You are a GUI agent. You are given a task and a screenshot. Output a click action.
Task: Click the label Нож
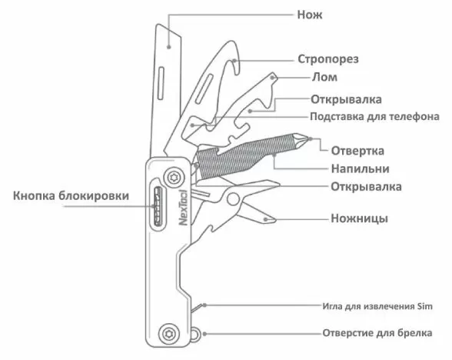pyautogui.click(x=310, y=15)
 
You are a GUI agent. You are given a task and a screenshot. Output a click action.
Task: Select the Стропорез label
pyautogui.click(x=328, y=59)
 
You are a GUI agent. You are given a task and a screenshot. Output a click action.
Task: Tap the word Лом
pyautogui.click(x=324, y=77)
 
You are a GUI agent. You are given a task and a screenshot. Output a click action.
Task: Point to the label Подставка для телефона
pyautogui.click(x=375, y=117)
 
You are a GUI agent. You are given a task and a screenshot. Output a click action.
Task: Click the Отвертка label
pyautogui.click(x=357, y=151)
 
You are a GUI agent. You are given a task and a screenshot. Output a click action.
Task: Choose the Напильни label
pyautogui.click(x=360, y=168)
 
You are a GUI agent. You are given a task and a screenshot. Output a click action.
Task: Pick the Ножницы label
pyautogui.click(x=359, y=218)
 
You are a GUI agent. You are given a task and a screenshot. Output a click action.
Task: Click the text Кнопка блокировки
pyautogui.click(x=71, y=196)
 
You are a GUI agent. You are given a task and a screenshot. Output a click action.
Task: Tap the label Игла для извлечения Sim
pyautogui.click(x=377, y=306)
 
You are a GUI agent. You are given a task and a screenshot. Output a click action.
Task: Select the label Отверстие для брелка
pyautogui.click(x=377, y=333)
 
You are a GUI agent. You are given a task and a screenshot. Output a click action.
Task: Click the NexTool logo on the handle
pyautogui.click(x=183, y=208)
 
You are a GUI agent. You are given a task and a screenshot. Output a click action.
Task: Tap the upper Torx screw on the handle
pyautogui.click(x=174, y=177)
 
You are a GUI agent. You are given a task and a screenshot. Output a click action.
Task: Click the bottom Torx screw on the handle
pyautogui.click(x=169, y=334)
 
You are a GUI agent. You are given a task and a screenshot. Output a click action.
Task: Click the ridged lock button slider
pyautogui.click(x=158, y=206)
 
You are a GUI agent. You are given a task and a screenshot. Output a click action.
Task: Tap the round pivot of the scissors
pyautogui.click(x=233, y=198)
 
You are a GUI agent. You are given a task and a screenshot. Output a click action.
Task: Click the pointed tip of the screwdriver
pyautogui.click(x=308, y=138)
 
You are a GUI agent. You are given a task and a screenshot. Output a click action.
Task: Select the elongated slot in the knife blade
pyautogui.click(x=161, y=84)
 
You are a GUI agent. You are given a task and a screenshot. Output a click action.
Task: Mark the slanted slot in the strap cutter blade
pyautogui.click(x=204, y=88)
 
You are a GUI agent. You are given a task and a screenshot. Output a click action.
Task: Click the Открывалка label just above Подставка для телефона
pyautogui.click(x=346, y=99)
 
